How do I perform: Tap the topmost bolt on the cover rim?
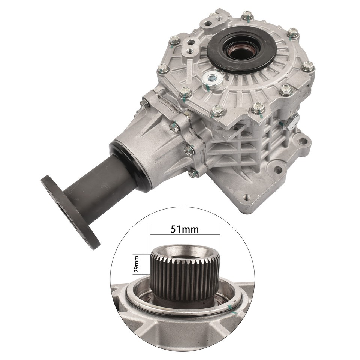tap(246, 15)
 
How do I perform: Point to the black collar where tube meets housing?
tap(133, 165)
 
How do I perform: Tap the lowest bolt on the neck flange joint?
tap(192, 173)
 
